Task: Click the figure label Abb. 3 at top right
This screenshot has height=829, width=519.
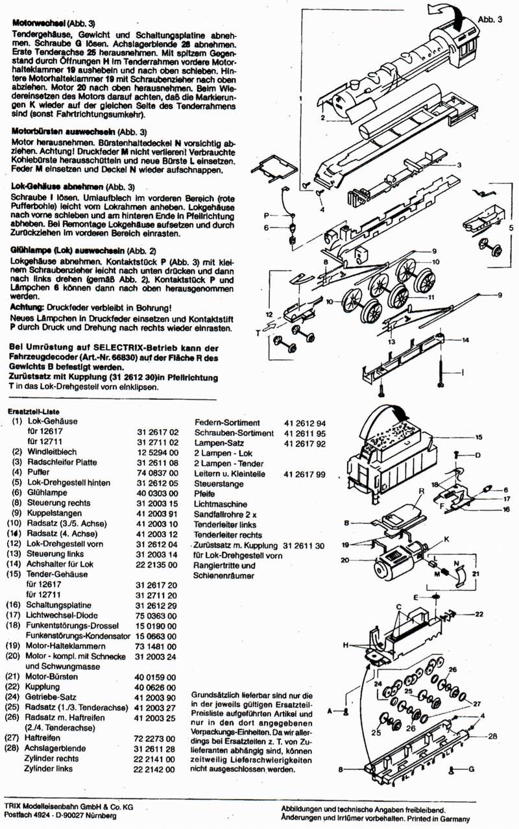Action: [x=490, y=19]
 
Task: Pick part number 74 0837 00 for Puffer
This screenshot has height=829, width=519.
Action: [x=157, y=473]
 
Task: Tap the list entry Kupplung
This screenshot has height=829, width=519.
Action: [x=43, y=686]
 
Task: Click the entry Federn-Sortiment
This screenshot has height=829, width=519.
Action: [x=227, y=423]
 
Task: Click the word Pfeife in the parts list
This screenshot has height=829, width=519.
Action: [x=206, y=494]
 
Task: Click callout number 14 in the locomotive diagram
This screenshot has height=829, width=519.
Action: [x=465, y=340]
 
